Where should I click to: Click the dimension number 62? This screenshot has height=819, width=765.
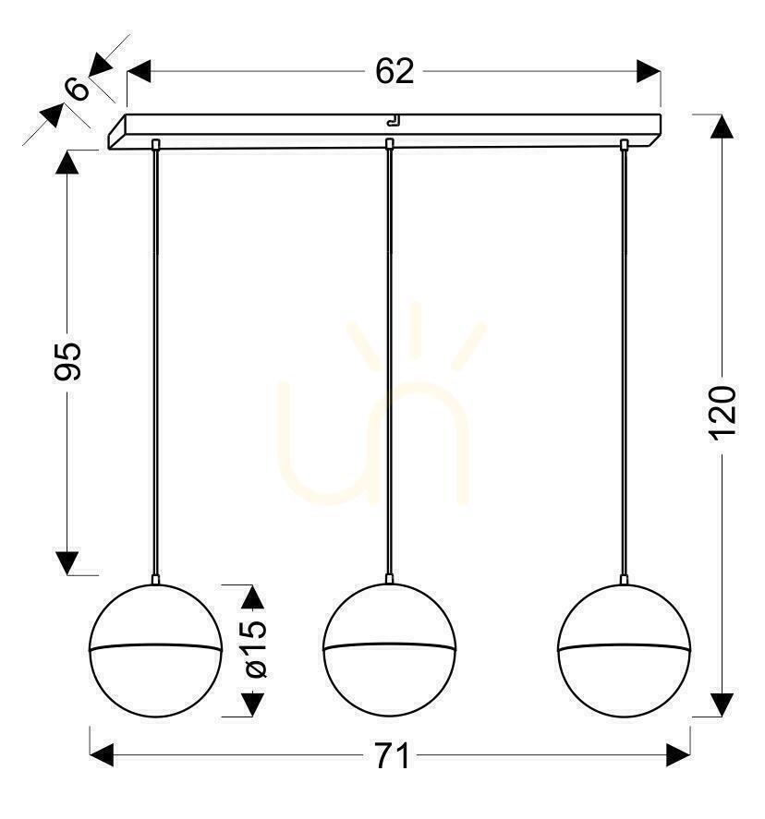click(395, 71)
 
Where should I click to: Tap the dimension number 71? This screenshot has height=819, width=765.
click(393, 755)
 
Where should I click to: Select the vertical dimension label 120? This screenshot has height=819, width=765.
click(723, 413)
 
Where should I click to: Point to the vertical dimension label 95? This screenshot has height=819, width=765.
click(68, 361)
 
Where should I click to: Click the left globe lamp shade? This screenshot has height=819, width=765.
click(156, 650)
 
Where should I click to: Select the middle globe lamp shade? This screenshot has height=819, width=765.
click(389, 650)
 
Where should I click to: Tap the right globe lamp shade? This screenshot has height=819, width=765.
click(624, 650)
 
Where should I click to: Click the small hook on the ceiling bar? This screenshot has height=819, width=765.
click(393, 121)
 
